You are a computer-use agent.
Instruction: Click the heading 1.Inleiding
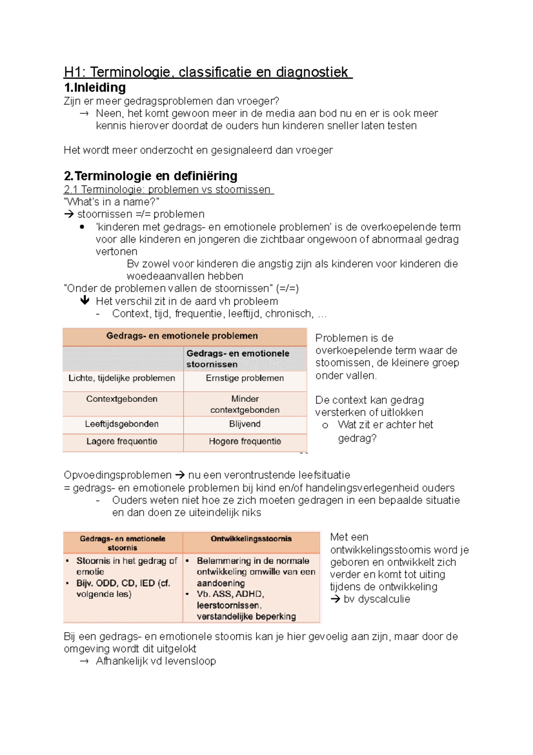tap(95, 87)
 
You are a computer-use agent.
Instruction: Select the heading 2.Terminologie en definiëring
tap(151, 176)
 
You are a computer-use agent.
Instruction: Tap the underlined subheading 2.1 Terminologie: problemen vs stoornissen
tap(168, 189)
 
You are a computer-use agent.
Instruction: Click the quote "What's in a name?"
tap(111, 202)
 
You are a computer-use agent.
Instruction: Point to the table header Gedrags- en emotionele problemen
tap(182, 336)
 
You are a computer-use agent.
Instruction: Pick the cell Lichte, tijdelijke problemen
tap(122, 378)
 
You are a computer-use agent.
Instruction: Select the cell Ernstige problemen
tap(245, 378)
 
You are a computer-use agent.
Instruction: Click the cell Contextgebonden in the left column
tap(122, 399)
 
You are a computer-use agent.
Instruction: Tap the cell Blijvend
tap(245, 424)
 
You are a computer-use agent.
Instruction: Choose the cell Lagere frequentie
tap(122, 442)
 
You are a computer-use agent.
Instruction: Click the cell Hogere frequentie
tap(245, 442)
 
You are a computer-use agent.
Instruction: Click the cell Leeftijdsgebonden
tap(122, 424)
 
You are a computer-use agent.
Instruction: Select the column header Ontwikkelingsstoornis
tap(251, 539)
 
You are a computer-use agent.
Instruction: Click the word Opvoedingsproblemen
tap(117, 475)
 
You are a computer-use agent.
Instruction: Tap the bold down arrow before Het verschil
tap(85, 301)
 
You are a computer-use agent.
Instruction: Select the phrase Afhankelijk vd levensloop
tap(155, 661)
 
